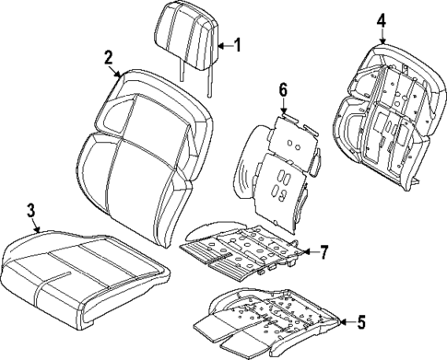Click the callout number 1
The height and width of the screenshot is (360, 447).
(x=237, y=44)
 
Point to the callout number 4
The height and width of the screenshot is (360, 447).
(x=382, y=19)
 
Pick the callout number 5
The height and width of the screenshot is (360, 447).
(x=360, y=321)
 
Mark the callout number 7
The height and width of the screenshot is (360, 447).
(x=323, y=251)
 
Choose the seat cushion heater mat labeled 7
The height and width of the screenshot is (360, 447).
(x=244, y=248)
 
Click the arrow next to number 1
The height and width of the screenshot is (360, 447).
(x=224, y=44)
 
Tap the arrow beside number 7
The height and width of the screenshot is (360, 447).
(x=307, y=251)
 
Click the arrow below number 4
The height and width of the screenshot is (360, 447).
(x=382, y=35)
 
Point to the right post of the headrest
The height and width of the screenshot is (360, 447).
(x=212, y=81)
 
